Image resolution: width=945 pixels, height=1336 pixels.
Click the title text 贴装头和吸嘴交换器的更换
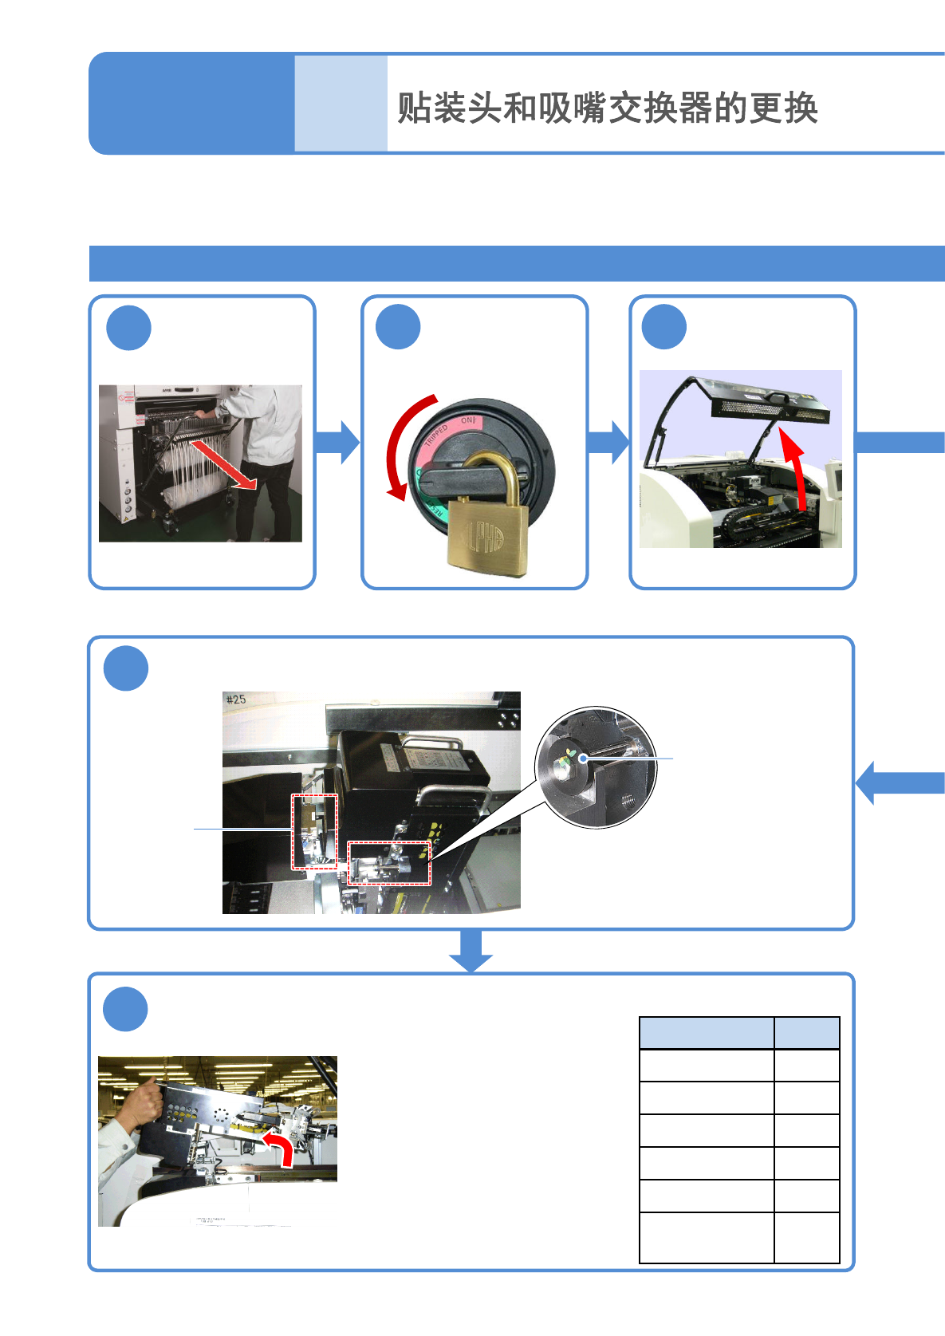click(x=607, y=108)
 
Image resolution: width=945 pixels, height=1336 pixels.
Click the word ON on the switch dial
click(x=468, y=420)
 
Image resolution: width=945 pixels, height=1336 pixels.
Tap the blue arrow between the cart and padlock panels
click(x=337, y=443)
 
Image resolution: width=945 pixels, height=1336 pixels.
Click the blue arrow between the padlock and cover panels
click(x=608, y=443)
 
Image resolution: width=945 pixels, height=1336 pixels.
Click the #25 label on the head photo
click(x=236, y=700)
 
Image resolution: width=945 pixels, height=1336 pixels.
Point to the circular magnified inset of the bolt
click(x=596, y=767)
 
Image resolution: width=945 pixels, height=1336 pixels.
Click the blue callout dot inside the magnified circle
click(x=584, y=758)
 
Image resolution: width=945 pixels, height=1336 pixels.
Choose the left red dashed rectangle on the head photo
click(x=314, y=831)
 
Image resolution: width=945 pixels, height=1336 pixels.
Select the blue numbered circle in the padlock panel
click(x=398, y=327)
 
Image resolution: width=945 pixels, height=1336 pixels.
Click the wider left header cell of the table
click(x=707, y=1033)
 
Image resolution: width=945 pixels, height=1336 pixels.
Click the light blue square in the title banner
click(x=341, y=104)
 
